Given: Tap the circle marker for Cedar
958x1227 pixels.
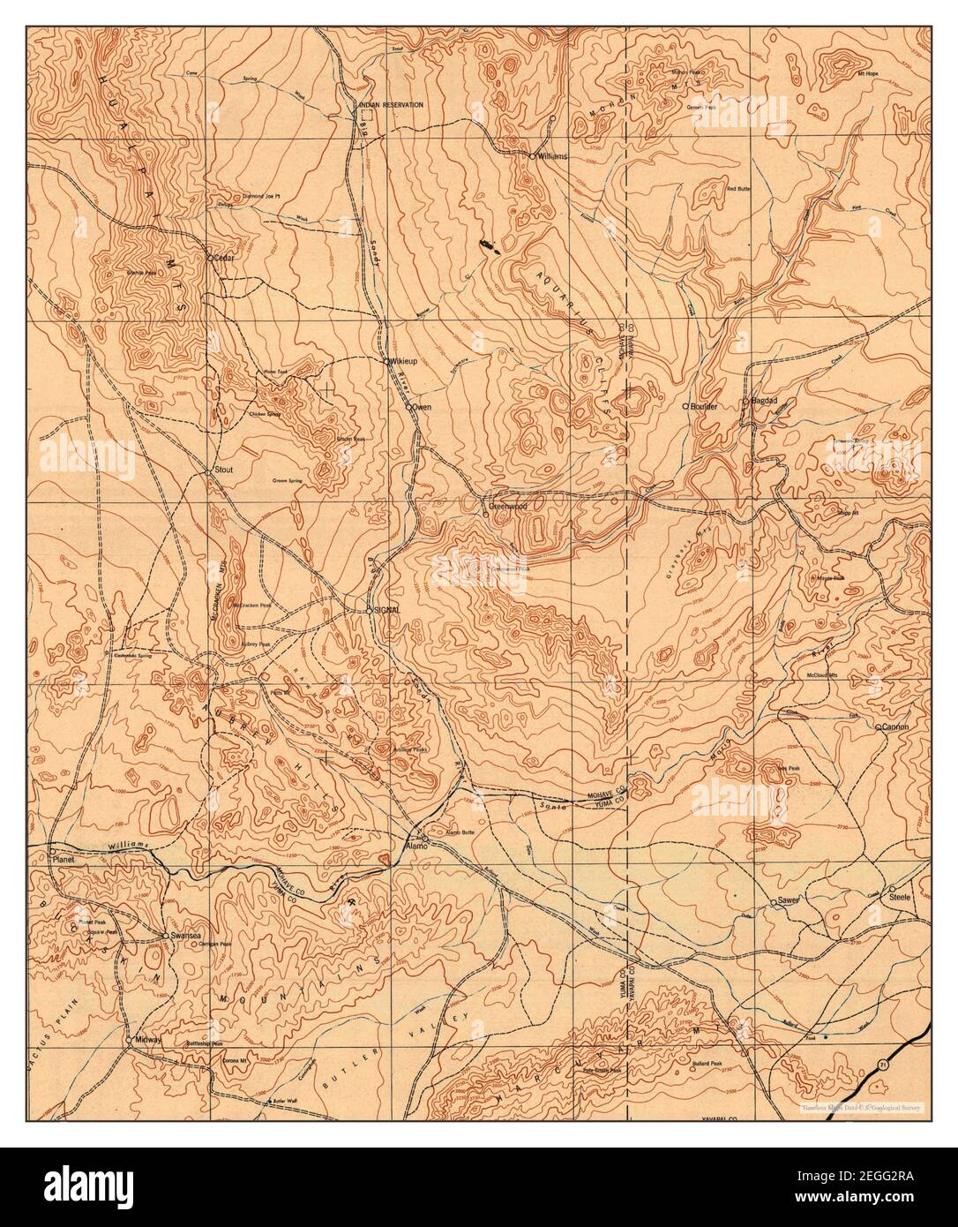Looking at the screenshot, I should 210,259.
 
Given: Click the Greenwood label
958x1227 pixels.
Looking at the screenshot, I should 509,508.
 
